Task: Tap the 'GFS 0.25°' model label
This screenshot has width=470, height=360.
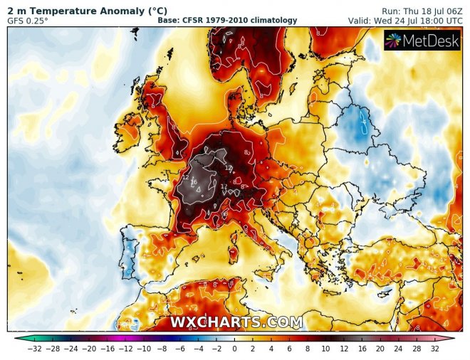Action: [28, 21]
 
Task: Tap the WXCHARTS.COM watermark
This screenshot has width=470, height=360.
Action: [236, 322]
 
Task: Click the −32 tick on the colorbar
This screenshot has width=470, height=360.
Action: [33, 350]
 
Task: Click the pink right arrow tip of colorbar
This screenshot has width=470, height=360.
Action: [454, 338]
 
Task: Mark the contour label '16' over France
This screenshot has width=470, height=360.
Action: [194, 182]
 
